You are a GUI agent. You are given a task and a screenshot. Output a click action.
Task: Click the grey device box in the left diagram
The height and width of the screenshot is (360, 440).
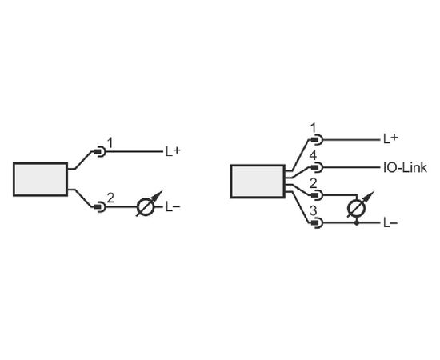coord(41,179)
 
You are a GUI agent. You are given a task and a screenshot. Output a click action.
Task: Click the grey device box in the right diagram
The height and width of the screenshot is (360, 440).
coord(258,182)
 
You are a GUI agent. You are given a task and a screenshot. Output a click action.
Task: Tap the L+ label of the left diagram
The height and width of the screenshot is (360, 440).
coord(173,151)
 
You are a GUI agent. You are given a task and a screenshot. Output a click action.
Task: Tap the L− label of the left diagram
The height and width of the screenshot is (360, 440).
coord(173,207)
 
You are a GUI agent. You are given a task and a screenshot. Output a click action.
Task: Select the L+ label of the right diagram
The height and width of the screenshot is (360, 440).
coord(390,138)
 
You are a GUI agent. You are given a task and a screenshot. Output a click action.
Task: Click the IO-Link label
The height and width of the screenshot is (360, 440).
coord(405,167)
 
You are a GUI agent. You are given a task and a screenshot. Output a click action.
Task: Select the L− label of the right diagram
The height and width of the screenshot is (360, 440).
coord(390,223)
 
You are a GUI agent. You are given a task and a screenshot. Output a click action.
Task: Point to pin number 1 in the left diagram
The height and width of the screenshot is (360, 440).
coord(110,143)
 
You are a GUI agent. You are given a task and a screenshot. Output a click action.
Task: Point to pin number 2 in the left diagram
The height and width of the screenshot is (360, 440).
coord(111,198)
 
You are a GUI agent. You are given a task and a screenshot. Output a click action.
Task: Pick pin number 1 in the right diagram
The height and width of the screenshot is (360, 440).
coord(314,128)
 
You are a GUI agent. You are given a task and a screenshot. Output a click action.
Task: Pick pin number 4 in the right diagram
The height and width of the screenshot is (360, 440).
coord(313,156)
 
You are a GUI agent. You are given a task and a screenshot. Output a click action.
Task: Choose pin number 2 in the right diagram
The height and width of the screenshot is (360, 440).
coord(313,183)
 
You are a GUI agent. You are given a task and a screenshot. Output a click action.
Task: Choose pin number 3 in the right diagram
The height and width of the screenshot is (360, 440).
coord(313,211)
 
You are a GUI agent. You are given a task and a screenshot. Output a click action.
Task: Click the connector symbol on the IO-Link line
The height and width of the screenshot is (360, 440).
coord(318,167)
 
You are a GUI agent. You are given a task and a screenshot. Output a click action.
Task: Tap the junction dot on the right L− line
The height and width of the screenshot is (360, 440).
coord(357,223)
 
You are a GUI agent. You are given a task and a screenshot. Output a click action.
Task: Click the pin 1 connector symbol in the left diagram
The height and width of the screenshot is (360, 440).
coord(101,152)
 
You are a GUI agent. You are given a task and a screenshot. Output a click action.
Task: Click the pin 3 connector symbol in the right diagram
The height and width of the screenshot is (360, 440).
coord(318,222)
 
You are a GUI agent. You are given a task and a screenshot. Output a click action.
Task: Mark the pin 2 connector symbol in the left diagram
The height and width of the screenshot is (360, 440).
coord(101,207)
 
